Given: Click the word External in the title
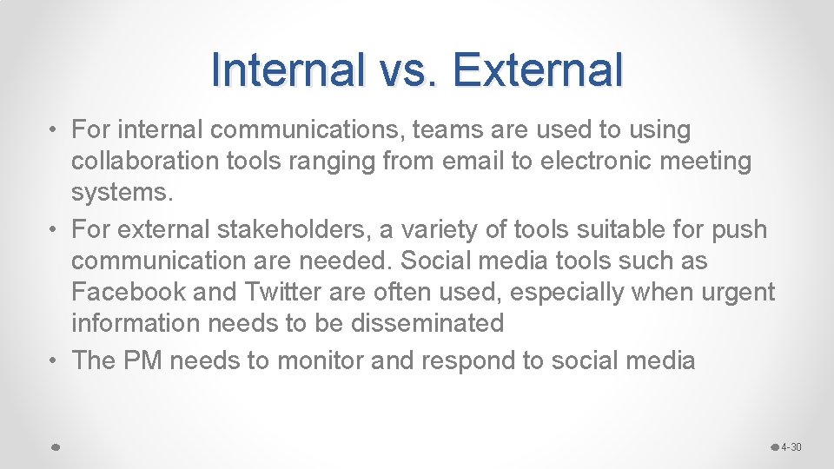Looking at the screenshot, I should pos(538,69).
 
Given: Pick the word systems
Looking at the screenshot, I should pos(122,193).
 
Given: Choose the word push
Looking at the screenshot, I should pos(738,230).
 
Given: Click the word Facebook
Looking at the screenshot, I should pos(129,293).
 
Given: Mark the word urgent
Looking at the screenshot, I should pos(736,293).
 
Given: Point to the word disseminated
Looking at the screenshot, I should pos(427,324).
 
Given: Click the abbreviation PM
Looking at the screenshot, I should pos(144,360).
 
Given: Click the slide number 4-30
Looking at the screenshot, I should pos(791,447).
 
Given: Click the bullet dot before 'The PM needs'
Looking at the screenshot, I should pos(55,360).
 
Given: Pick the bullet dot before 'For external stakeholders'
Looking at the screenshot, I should pos(55,230).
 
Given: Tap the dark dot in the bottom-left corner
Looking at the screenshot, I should pos(54,446).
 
